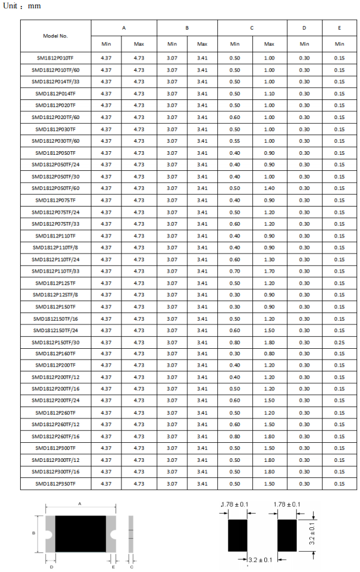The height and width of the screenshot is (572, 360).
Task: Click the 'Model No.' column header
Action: click(55, 36)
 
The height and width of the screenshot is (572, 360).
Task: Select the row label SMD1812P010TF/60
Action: click(55, 70)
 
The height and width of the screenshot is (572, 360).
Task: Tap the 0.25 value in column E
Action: click(339, 342)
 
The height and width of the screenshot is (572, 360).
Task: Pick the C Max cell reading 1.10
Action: click(269, 93)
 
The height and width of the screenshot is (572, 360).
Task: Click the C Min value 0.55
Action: click(234, 141)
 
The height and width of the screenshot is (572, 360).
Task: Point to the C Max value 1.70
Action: click(269, 271)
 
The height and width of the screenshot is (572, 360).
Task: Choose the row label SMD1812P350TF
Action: click(55, 483)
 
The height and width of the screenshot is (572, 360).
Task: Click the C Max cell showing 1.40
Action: click(269, 188)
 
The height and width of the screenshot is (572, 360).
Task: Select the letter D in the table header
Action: click(304, 28)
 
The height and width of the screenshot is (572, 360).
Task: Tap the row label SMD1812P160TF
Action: click(55, 354)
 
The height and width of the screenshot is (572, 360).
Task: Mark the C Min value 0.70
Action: click(234, 271)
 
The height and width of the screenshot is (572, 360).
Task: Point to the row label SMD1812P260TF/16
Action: click(55, 436)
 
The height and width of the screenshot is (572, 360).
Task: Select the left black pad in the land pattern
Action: click(237, 535)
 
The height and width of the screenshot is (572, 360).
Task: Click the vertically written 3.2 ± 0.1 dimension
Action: click(312, 535)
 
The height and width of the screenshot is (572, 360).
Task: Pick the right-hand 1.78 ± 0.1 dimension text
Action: click(287, 505)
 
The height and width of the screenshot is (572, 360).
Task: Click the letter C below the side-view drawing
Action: click(131, 567)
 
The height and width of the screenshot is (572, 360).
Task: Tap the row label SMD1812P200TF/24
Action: click(55, 401)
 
